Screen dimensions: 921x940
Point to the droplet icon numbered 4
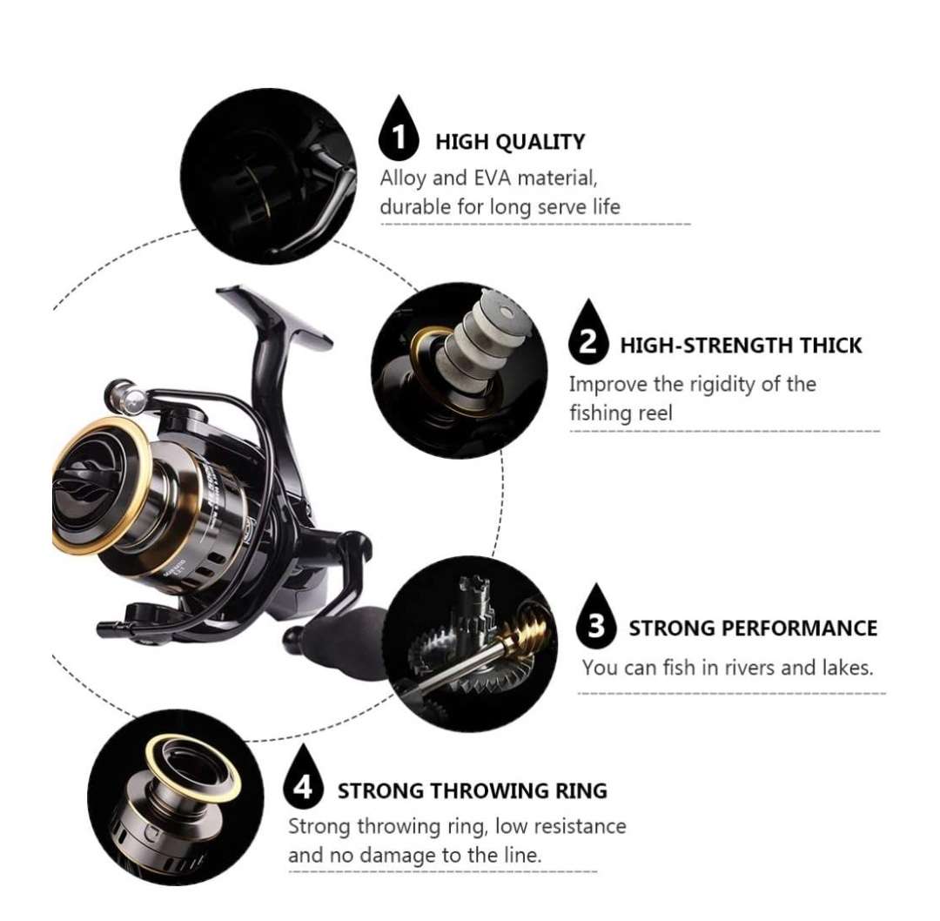[x=303, y=783]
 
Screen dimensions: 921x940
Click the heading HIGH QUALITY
[x=510, y=142]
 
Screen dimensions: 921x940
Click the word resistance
[x=579, y=825]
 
